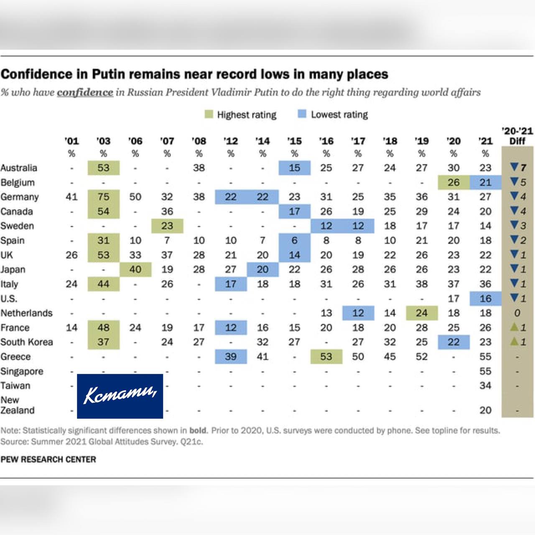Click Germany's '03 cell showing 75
click(104, 197)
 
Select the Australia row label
click(19, 168)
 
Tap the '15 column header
click(294, 141)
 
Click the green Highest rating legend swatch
click(209, 114)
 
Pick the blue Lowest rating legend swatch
click(302, 114)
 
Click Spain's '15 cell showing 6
click(295, 240)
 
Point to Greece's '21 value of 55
click(485, 357)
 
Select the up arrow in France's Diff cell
click(515, 327)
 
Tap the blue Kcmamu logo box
click(120, 396)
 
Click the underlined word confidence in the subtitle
click(85, 92)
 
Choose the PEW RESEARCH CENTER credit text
click(48, 459)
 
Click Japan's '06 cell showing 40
click(135, 269)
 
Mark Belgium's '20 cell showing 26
click(453, 182)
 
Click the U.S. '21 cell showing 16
click(486, 298)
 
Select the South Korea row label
click(27, 342)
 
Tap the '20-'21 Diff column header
click(517, 136)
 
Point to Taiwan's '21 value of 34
click(485, 385)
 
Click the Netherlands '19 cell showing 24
click(422, 313)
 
